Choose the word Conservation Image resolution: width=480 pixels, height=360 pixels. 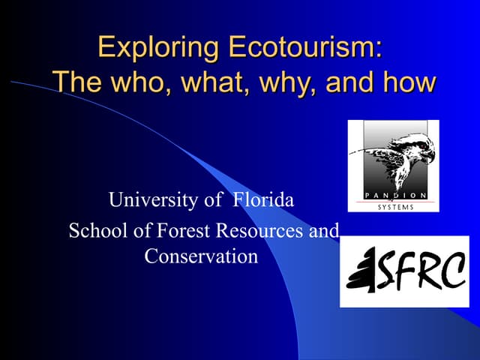[x=201, y=256]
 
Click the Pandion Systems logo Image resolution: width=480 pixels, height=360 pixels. [x=393, y=166]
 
